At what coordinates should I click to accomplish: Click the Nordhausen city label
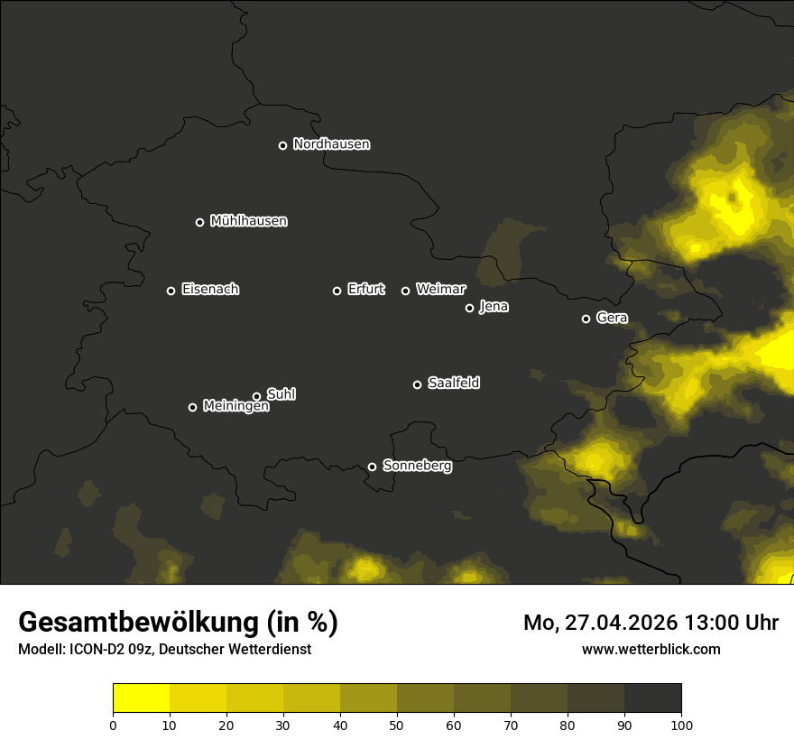(331, 144)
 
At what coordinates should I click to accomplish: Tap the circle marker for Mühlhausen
(199, 222)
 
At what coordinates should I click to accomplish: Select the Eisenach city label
(210, 290)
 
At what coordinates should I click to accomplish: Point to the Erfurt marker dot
(337, 291)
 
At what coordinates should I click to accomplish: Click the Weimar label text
(441, 290)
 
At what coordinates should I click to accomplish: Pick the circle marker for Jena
(469, 308)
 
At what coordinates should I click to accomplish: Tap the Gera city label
(612, 318)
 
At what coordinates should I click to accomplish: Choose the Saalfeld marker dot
(417, 384)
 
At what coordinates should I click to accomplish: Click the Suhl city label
(282, 394)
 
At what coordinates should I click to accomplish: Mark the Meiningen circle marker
(192, 407)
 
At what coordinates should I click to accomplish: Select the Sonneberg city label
(417, 467)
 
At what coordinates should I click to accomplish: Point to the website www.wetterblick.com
(651, 649)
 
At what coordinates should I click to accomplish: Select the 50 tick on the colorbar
(397, 724)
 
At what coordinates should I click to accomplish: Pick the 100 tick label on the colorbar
(681, 724)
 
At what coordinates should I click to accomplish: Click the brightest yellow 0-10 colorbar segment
(142, 698)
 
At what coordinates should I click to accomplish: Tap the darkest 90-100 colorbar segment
(652, 698)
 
